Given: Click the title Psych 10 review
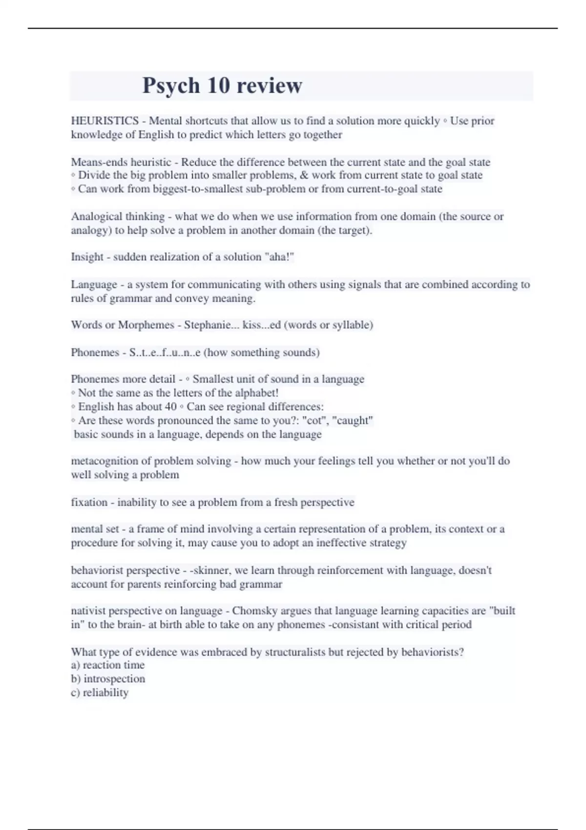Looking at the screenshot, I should coord(222,85).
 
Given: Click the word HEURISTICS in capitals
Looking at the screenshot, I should coord(105,121).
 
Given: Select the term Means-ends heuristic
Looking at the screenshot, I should coord(121,162).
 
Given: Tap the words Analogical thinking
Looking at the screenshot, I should coord(118,216).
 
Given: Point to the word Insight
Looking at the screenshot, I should coord(87,257).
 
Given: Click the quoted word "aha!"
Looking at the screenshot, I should coord(279,257).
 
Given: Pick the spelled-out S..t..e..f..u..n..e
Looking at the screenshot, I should coord(165,353).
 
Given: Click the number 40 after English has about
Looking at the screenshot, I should coord(170,407).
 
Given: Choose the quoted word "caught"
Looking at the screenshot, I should coord(353,420).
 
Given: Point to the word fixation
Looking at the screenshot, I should coord(89,502).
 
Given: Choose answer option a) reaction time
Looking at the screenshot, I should coord(108,665).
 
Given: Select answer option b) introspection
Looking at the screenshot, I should coord(108,679).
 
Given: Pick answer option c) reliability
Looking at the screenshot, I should coord(100,692).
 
